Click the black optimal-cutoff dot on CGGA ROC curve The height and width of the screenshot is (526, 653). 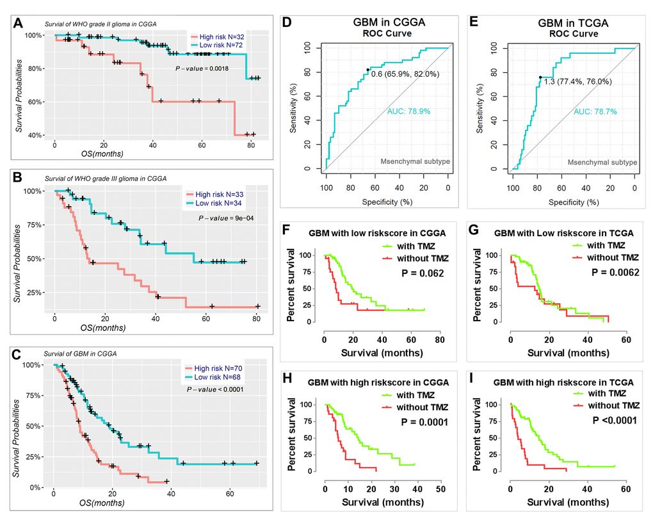point(367,70)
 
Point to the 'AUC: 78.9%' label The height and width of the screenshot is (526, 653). point(409,112)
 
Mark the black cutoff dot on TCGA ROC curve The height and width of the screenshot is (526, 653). point(540,77)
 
